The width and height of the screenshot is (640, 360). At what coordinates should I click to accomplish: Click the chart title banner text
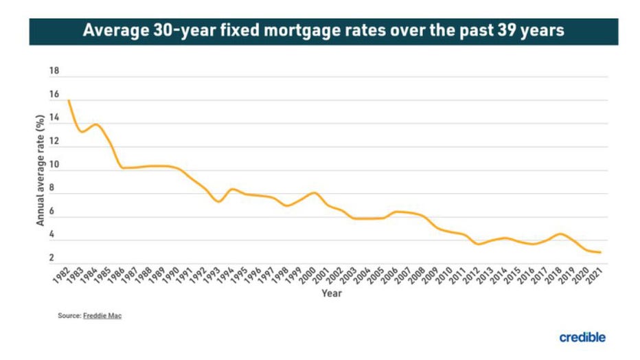[x=323, y=32]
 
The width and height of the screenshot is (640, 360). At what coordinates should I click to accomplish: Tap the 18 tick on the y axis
[x=54, y=71]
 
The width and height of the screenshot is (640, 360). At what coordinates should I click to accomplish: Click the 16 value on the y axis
[x=54, y=95]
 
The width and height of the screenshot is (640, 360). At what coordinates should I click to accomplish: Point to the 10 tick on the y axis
[x=54, y=165]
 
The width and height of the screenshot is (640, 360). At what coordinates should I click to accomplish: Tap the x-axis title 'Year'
[x=332, y=293]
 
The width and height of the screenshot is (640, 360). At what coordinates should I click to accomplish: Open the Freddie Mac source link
[x=102, y=315]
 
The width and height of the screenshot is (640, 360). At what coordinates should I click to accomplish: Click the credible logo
[x=582, y=337]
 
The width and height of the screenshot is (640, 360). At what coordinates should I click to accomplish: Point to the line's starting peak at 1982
[x=69, y=100]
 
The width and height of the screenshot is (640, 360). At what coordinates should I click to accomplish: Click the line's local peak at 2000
[x=315, y=192]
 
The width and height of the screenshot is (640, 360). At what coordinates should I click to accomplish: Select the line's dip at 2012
[x=479, y=244]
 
